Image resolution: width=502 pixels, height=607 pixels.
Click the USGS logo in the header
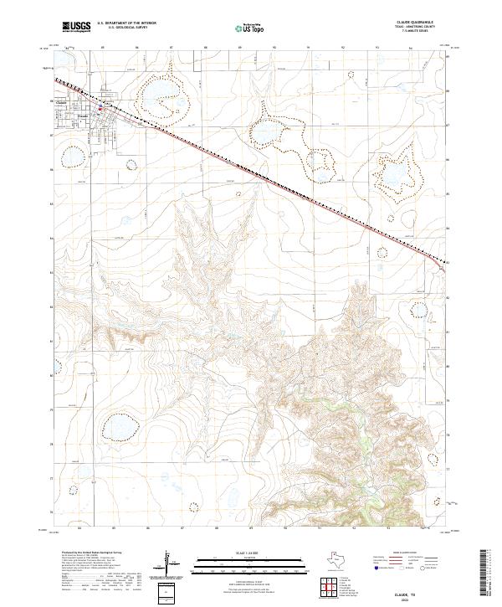[x=76, y=27]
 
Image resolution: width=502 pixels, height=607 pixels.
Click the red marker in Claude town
[x=100, y=106]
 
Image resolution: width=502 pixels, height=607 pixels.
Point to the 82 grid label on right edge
[x=448, y=296]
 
